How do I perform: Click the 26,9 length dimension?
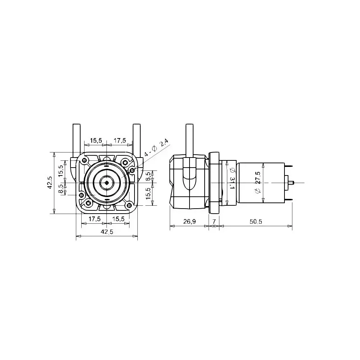pyautogui.click(x=189, y=222)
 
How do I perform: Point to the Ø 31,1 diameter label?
pyautogui.click(x=232, y=178)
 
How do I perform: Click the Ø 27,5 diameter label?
pyautogui.click(x=258, y=183)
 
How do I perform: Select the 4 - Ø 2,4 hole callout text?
pyautogui.click(x=157, y=147)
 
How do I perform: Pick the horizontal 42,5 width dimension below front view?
pyautogui.click(x=107, y=232)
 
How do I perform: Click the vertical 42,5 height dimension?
pyautogui.click(x=50, y=183)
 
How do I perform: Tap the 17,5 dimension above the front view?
pyautogui.click(x=119, y=140)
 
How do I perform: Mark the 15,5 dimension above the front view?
pyautogui.click(x=96, y=140)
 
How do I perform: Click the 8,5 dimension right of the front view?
pyautogui.click(x=148, y=176)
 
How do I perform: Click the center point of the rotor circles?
pyautogui.click(x=107, y=183)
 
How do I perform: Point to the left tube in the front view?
pyautogui.click(x=76, y=138)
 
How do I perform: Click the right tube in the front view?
pyautogui.click(x=136, y=138)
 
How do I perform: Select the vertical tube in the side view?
pyautogui.click(x=190, y=140)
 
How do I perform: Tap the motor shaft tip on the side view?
pyautogui.click(x=293, y=183)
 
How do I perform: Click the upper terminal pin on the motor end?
pyautogui.click(x=288, y=165)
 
